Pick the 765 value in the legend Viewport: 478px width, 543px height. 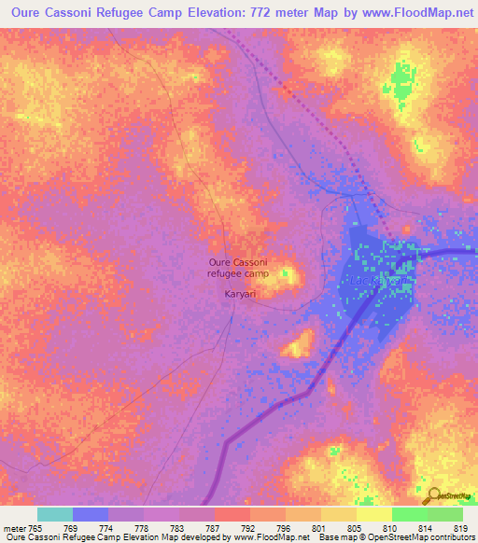coord(35,527)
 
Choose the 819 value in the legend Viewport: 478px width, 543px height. coord(461,527)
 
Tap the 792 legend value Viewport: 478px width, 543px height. coord(248,527)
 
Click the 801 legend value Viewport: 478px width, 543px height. coord(319,527)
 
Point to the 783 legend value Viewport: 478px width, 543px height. coord(177,527)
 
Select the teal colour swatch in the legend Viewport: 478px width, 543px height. coord(54,514)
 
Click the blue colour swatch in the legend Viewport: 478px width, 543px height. coord(90,514)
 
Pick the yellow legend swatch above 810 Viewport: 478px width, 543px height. coord(373,514)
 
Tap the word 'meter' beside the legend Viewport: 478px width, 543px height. coord(13,527)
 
